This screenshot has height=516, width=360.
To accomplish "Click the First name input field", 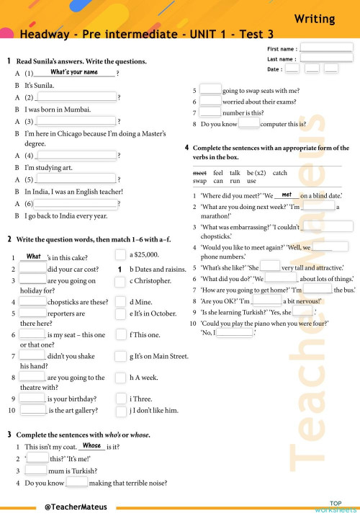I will click(326, 48).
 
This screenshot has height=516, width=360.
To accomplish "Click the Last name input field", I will click(326, 58).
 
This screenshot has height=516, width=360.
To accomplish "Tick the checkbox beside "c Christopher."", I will click(121, 281).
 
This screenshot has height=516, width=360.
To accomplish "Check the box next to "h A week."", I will click(121, 378).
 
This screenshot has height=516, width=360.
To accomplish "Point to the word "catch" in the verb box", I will click(280, 173).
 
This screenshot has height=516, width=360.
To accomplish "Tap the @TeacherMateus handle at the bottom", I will click(77, 507).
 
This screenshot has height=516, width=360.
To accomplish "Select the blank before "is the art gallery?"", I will click(33, 411).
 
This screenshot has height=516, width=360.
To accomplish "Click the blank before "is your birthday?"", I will click(33, 398).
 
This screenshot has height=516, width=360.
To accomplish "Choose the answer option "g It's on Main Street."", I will click(158, 356).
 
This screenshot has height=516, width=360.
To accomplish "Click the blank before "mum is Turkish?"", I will click(36, 471).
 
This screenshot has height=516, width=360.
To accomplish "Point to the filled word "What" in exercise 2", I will click(33, 256).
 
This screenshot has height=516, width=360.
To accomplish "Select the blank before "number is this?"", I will click(210, 112).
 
